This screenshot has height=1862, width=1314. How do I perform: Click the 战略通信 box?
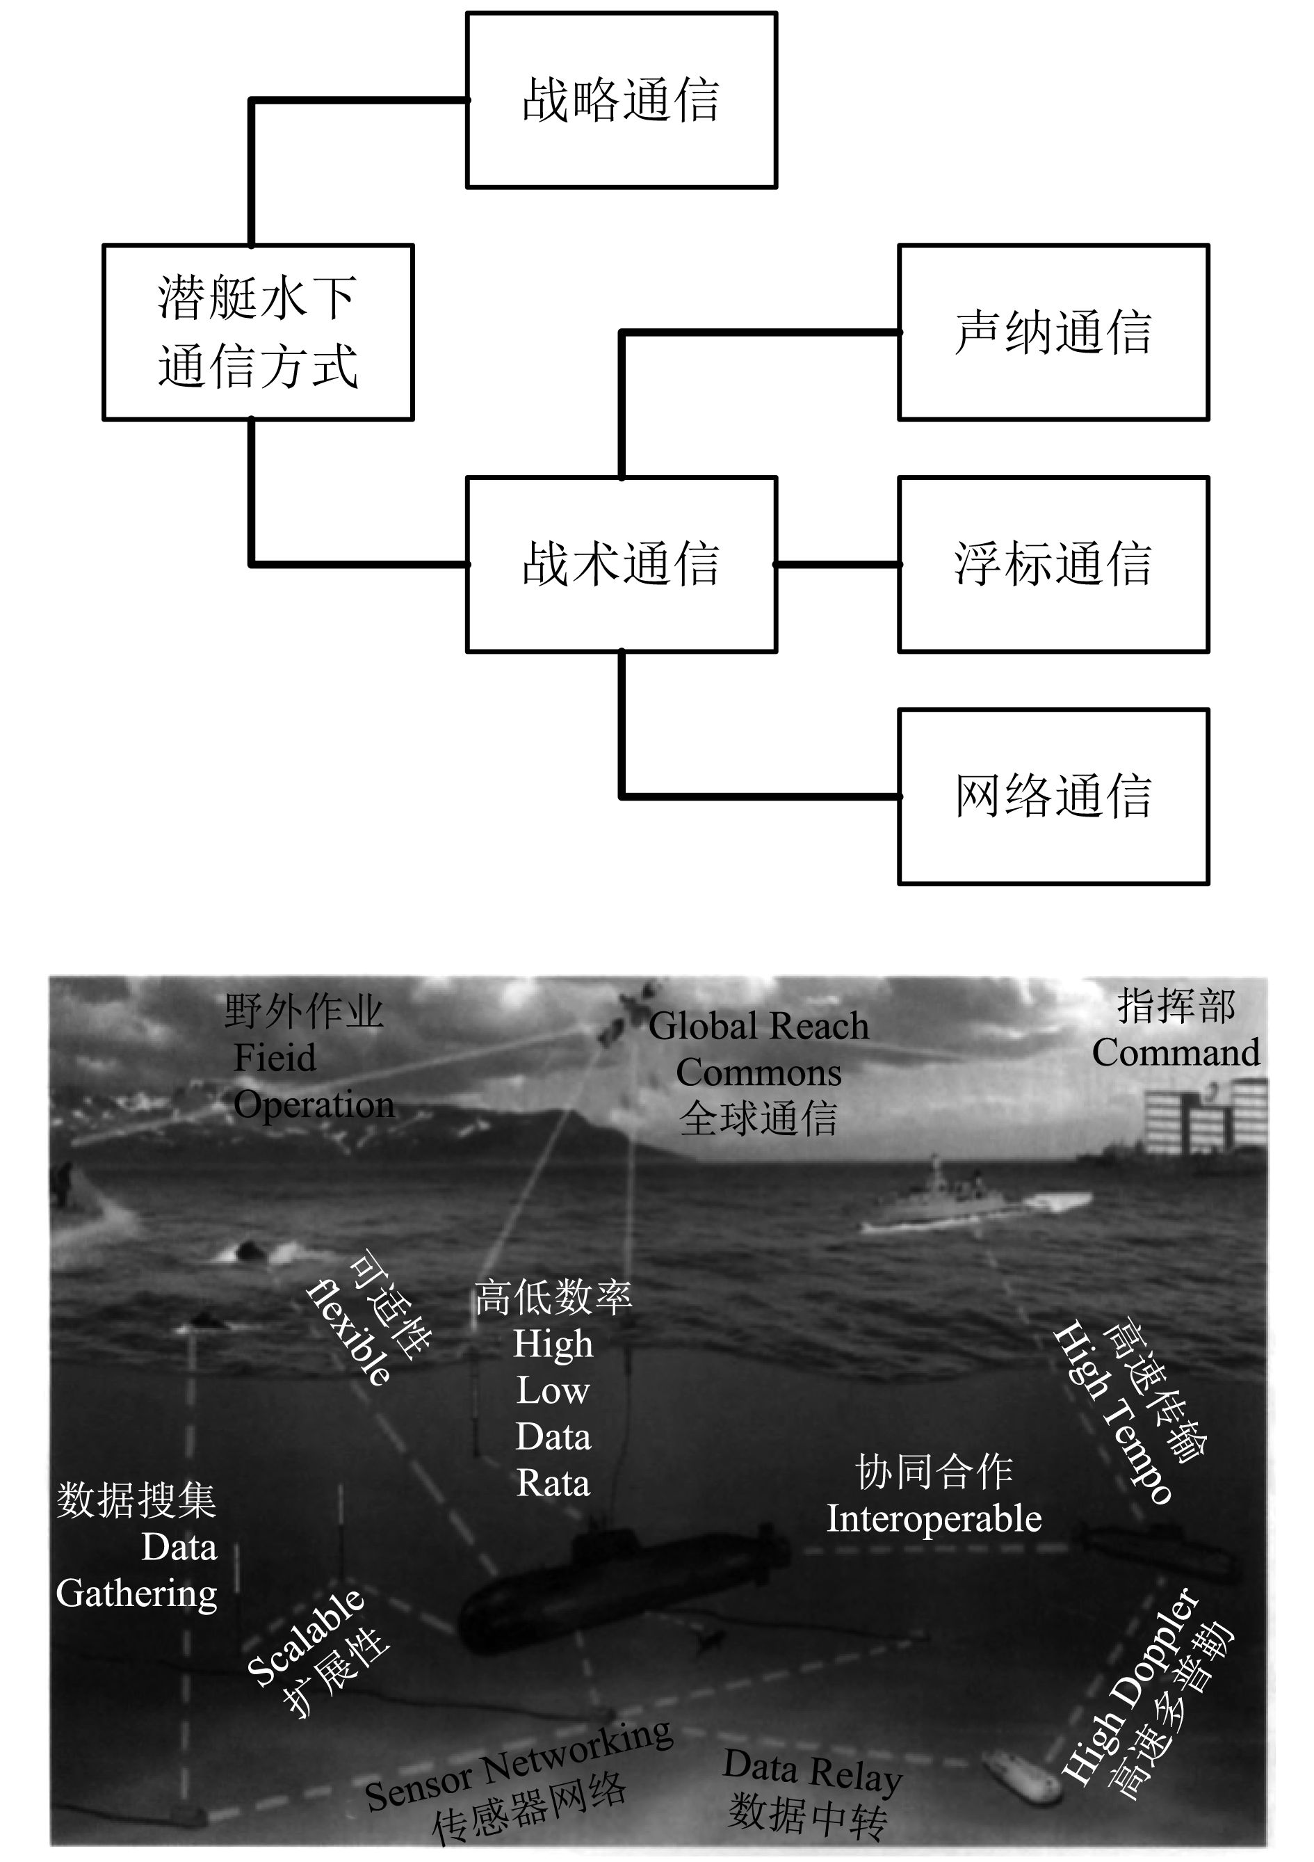click(621, 99)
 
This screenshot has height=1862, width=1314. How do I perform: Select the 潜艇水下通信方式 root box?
click(258, 332)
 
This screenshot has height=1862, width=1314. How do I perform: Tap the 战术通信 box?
click(621, 563)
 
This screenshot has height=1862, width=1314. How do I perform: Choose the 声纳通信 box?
click(1053, 332)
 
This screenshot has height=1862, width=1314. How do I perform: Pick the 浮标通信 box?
click(1053, 563)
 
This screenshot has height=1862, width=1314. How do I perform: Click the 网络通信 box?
click(1053, 796)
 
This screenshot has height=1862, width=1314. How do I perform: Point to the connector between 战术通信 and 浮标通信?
click(837, 563)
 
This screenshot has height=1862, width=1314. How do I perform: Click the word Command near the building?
click(1176, 1054)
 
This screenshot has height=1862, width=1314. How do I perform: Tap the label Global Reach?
click(759, 1027)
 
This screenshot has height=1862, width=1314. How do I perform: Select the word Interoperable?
click(934, 1519)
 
